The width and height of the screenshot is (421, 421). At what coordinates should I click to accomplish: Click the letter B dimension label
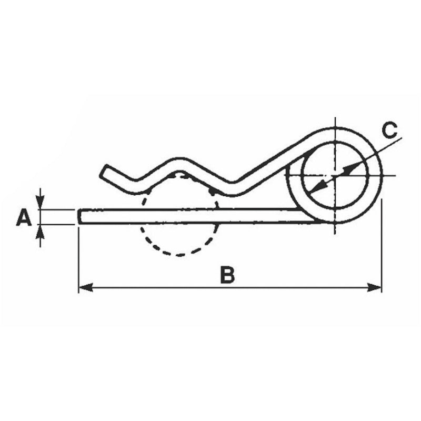point(227,274)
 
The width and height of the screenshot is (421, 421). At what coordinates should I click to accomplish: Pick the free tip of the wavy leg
point(105,171)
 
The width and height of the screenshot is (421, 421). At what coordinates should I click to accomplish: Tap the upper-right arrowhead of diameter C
point(350,167)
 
